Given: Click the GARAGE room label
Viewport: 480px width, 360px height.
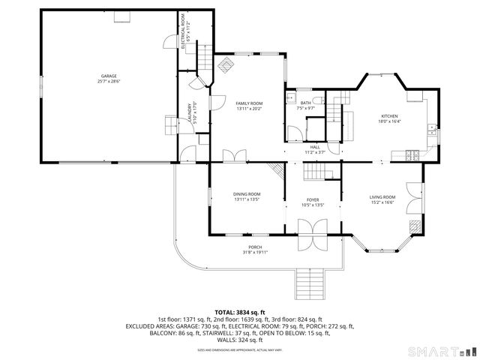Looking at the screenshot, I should (x=109, y=76).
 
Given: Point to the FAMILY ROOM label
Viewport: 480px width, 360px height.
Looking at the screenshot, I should (x=249, y=103).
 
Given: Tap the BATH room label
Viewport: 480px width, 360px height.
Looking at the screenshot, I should (x=305, y=103).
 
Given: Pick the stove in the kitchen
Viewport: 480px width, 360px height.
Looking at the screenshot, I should (x=415, y=157).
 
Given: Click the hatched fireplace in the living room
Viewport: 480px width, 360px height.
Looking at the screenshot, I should (x=414, y=225).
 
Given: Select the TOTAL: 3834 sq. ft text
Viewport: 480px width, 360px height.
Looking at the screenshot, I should (x=240, y=312).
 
